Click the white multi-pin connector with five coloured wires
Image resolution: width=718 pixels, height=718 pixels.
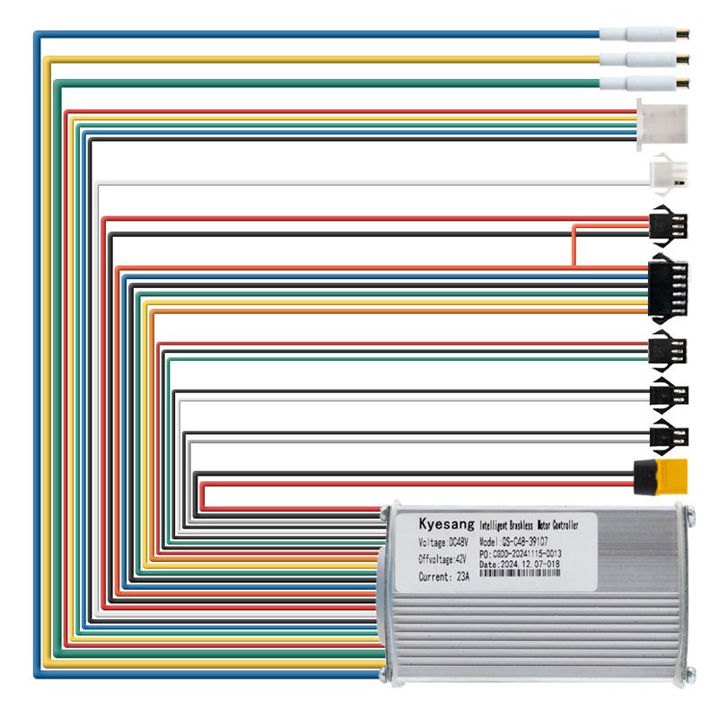point(661,122)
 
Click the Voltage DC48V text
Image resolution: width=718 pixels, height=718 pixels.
point(443,543)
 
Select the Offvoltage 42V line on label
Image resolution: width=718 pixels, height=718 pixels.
point(442,559)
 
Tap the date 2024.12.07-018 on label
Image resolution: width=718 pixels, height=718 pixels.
point(521,565)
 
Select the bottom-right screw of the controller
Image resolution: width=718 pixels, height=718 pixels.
point(688,676)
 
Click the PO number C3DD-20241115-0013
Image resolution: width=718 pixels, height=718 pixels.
point(521,555)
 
